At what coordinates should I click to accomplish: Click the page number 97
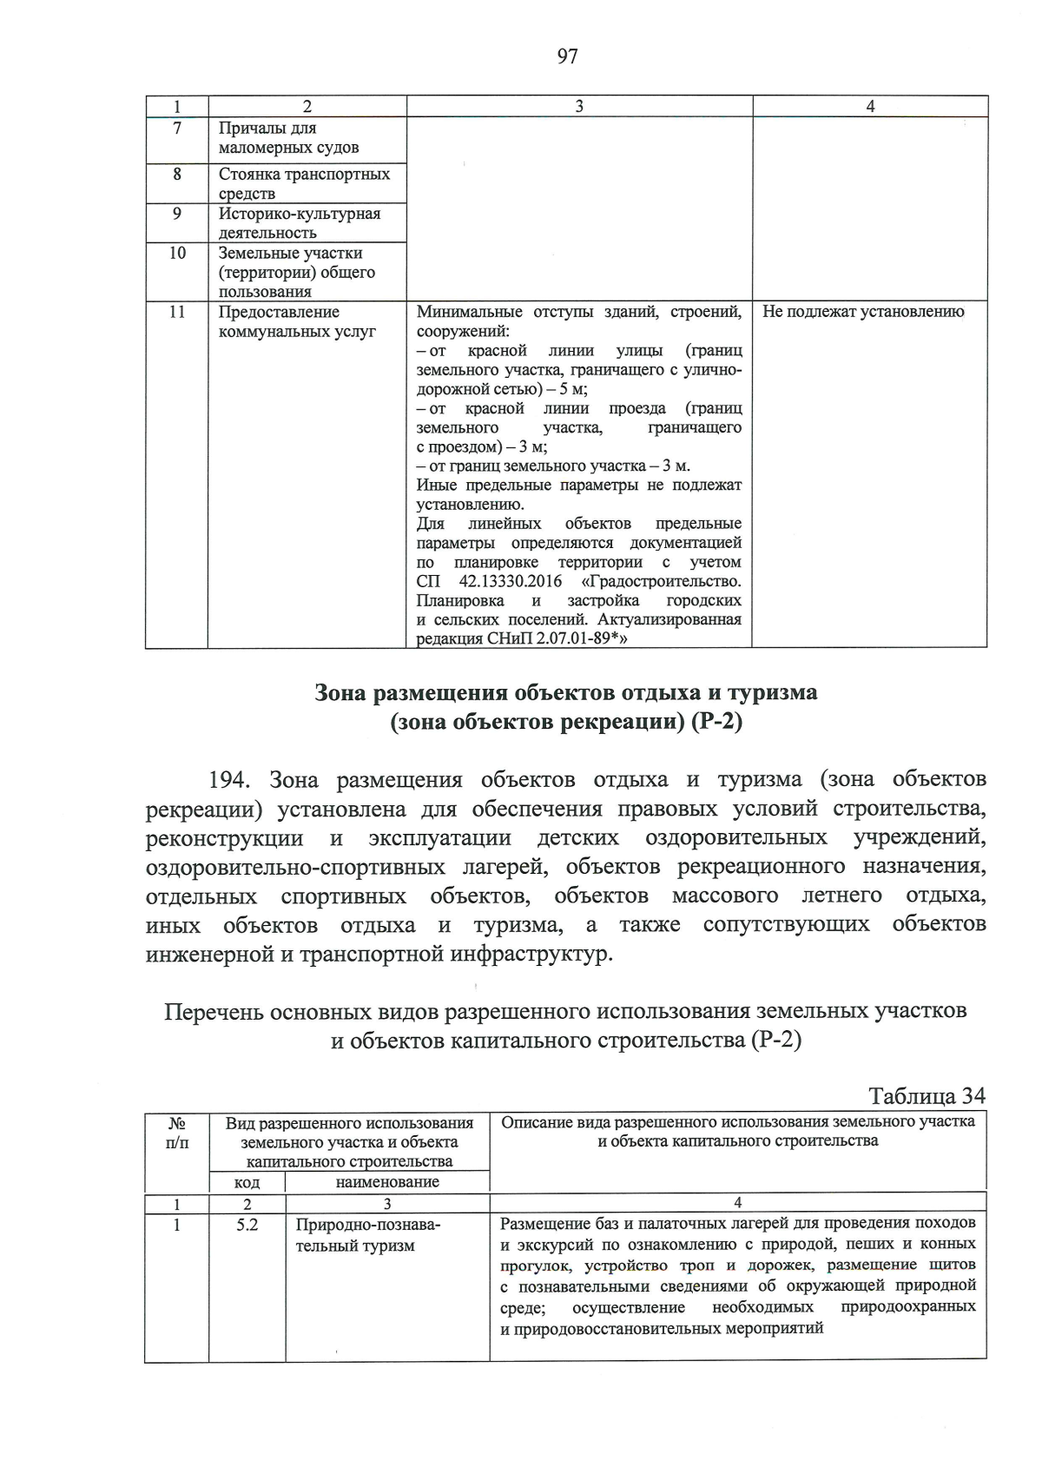(567, 57)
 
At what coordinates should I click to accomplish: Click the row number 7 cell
(177, 129)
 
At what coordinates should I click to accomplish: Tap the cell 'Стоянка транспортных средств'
(304, 183)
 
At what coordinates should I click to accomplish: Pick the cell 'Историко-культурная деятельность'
(300, 223)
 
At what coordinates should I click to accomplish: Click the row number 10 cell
(177, 254)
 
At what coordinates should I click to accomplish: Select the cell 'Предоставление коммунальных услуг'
(297, 321)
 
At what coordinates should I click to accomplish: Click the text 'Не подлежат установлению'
(863, 313)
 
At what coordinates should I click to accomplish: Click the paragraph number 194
(233, 780)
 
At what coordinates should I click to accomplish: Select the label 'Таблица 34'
(927, 1095)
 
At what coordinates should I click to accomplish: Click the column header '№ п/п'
(177, 1133)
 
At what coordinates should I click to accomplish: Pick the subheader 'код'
(247, 1182)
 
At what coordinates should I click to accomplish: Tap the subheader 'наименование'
(387, 1181)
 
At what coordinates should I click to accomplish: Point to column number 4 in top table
(870, 106)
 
